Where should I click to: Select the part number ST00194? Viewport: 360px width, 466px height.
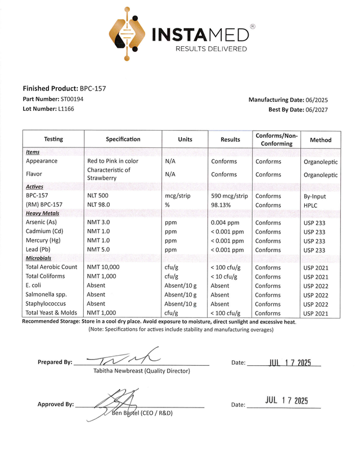pyautogui.click(x=72, y=99)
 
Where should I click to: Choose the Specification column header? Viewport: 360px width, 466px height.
pyautogui.click(x=123, y=139)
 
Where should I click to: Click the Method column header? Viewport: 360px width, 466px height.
pyautogui.click(x=321, y=140)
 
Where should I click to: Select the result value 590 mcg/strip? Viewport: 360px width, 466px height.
pyautogui.click(x=229, y=196)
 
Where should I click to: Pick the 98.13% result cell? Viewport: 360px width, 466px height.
pyautogui.click(x=220, y=205)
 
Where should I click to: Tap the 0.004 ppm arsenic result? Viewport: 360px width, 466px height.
pyautogui.click(x=224, y=223)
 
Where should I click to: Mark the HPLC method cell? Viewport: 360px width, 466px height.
pyautogui.click(x=311, y=205)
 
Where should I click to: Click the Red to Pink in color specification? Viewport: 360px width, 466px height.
pyautogui.click(x=112, y=161)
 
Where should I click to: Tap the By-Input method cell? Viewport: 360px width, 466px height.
pyautogui.click(x=314, y=196)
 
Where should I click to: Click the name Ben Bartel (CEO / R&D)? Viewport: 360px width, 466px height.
pyautogui.click(x=142, y=413)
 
